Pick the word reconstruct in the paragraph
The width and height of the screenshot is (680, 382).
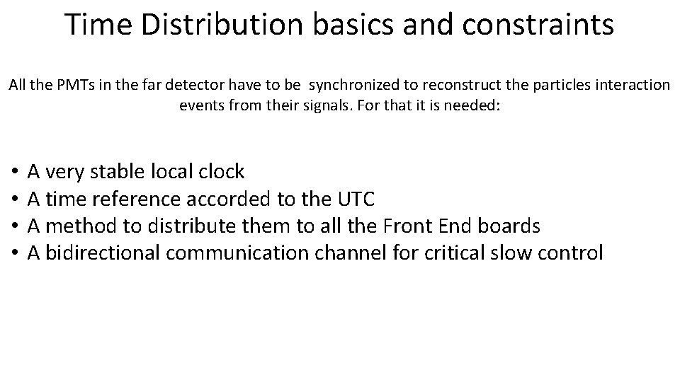(x=458, y=86)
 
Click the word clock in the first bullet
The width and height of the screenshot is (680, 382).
(x=220, y=171)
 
